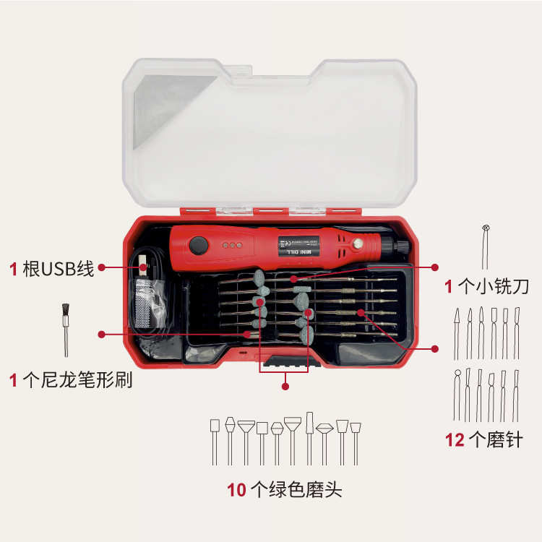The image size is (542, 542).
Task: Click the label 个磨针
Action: click(x=495, y=439)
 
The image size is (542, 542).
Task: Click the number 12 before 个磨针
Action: click(x=455, y=439)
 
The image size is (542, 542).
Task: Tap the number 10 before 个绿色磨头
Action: click(x=237, y=489)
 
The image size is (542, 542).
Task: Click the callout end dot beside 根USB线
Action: click(x=102, y=267)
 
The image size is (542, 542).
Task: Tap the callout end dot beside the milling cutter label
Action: click(x=435, y=267)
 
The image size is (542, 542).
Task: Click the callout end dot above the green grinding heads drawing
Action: click(x=285, y=387)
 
